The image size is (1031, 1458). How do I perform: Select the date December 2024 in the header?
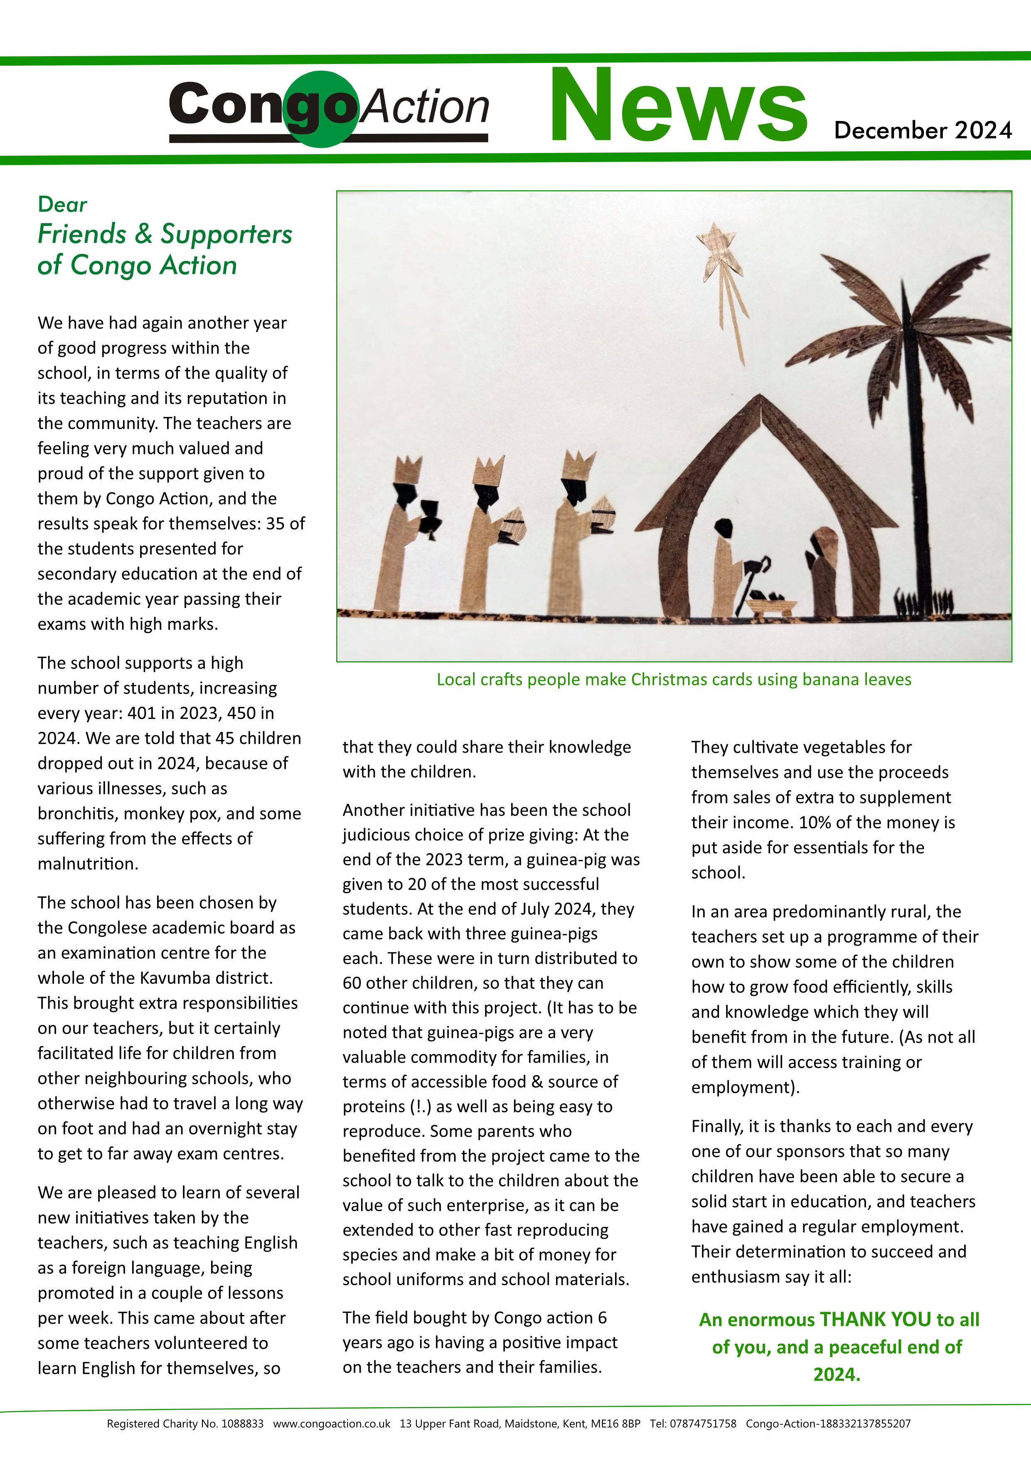(923, 130)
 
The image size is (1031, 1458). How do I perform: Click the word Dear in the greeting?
(62, 204)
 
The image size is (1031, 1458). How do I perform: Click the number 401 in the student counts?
(140, 713)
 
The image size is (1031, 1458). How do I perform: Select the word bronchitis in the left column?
(76, 813)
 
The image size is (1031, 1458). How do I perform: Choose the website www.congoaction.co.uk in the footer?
(331, 1424)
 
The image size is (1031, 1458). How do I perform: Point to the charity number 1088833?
(242, 1424)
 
